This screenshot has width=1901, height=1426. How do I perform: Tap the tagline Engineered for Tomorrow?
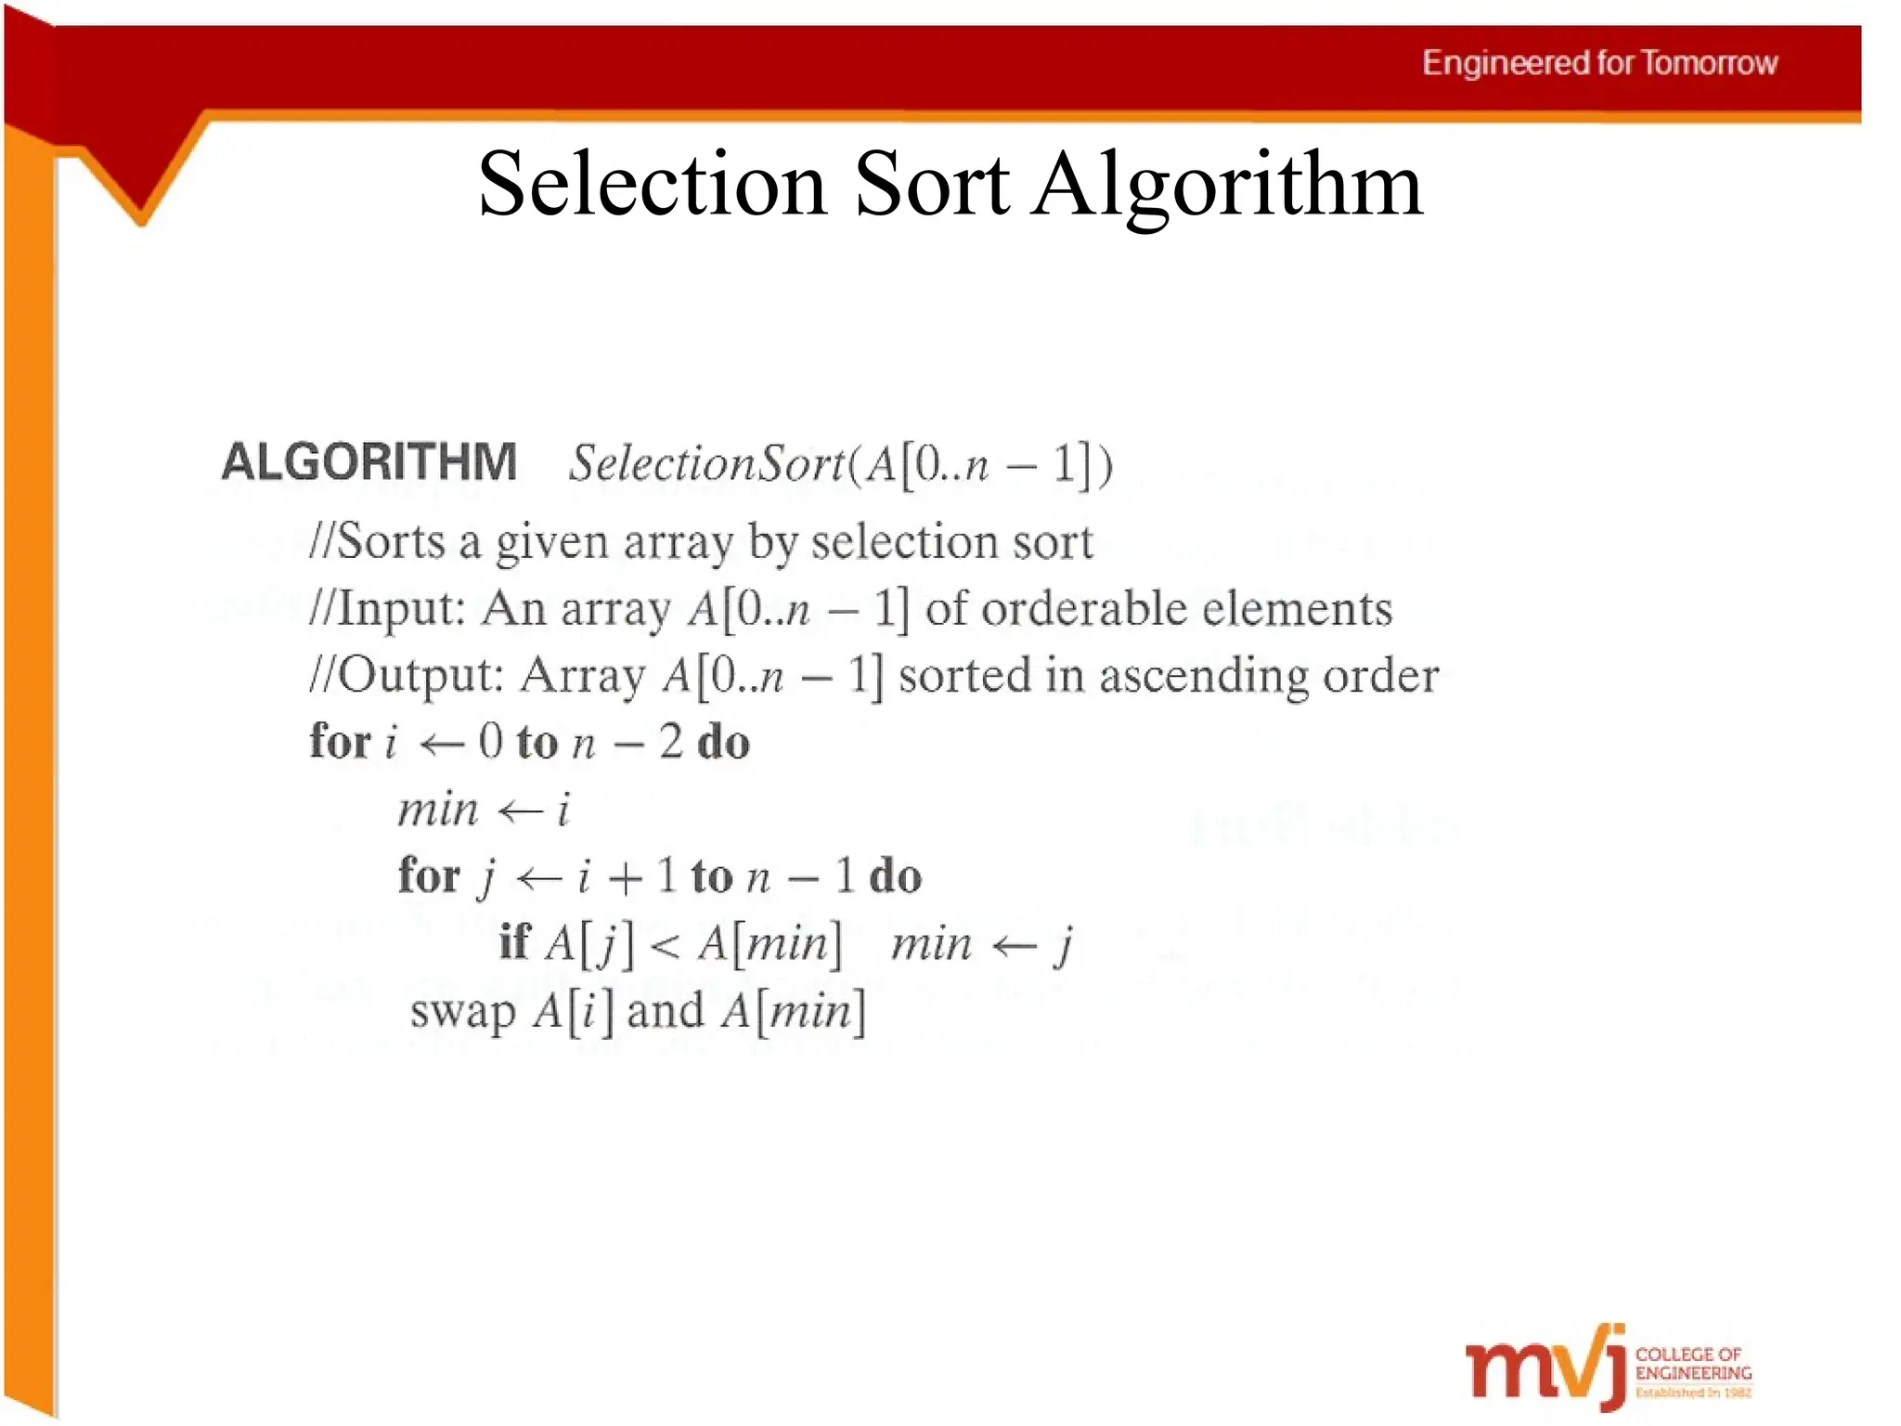click(x=1599, y=63)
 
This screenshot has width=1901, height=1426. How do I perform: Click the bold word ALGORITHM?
click(x=369, y=461)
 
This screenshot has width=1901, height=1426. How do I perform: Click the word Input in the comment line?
click(x=399, y=610)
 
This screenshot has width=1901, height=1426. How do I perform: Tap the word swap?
click(x=462, y=1011)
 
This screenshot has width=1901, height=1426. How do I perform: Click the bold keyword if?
click(x=513, y=942)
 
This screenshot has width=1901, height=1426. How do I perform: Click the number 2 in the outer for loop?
click(x=670, y=742)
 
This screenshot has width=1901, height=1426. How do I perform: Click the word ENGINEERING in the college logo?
click(x=1693, y=1373)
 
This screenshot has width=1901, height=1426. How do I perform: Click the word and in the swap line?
click(x=666, y=1011)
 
